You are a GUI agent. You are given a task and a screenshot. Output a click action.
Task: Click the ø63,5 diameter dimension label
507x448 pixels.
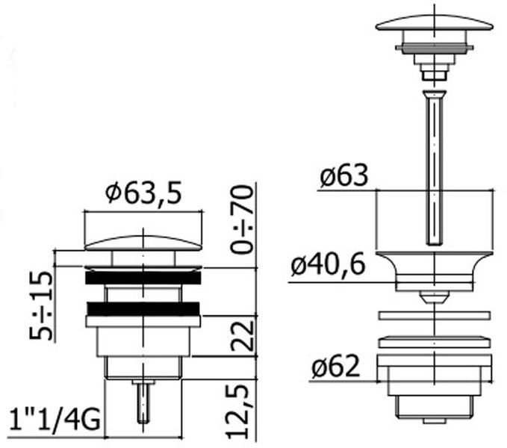click(x=143, y=193)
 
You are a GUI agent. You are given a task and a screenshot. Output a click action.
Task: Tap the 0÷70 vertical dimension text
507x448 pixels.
click(x=242, y=219)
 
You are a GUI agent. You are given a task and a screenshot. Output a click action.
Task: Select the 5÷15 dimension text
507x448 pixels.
click(x=41, y=305)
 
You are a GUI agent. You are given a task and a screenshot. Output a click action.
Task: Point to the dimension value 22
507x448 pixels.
click(x=243, y=336)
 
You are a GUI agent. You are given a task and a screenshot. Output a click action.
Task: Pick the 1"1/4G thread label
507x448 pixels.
click(x=54, y=420)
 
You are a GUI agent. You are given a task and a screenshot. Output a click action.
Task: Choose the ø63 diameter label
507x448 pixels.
click(x=344, y=176)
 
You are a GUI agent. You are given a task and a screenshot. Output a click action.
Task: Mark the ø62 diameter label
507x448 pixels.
click(x=335, y=367)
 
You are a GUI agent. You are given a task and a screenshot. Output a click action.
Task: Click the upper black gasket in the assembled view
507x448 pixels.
click(x=143, y=278)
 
